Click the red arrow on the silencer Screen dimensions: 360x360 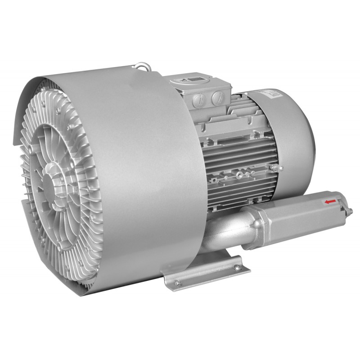pyautogui.click(x=331, y=202)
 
